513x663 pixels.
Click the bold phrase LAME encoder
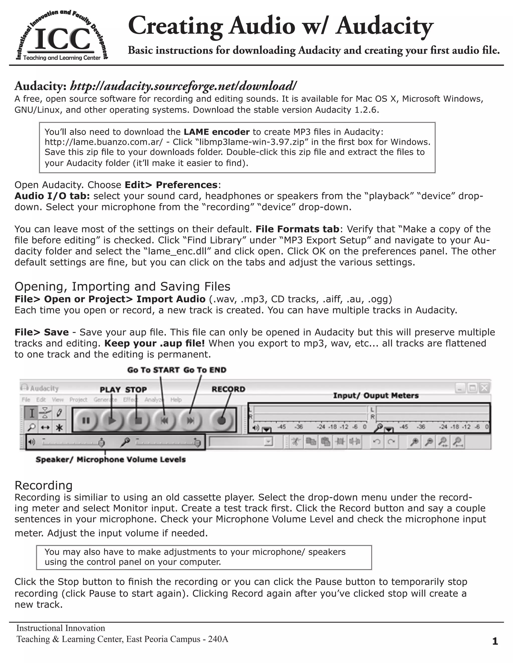pyautogui.click(x=217, y=132)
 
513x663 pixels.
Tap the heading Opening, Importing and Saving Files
pyautogui.click(x=122, y=286)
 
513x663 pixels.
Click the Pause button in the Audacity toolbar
pyautogui.click(x=86, y=421)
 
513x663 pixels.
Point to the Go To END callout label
pyautogui.click(x=205, y=370)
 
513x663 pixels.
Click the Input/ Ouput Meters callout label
pyautogui.click(x=376, y=396)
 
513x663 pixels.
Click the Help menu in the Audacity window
pyautogui.click(x=176, y=400)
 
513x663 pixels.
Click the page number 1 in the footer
pyautogui.click(x=495, y=641)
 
